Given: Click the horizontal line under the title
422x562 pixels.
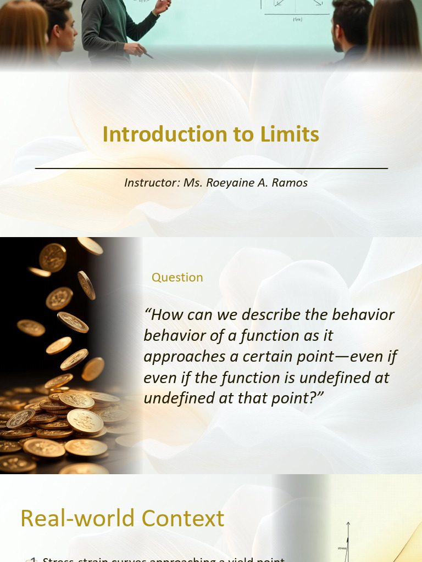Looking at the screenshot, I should coord(212,168).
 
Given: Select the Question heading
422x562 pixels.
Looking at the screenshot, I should coord(177,278).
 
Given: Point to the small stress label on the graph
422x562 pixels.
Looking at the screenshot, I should coord(342,548).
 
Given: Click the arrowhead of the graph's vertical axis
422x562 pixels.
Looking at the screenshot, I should coord(348,524).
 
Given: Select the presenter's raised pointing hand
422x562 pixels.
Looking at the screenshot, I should coord(163,6).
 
